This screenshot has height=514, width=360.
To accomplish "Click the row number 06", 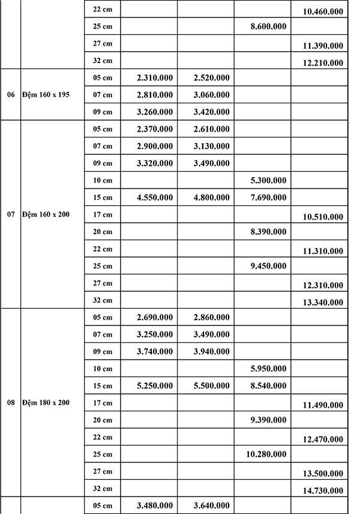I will click(11, 95).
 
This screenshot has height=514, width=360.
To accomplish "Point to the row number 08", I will click(11, 402).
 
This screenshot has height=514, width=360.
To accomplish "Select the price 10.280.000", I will click(266, 454).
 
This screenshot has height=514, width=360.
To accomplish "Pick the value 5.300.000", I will click(268, 180).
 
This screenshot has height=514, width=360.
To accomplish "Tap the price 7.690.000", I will click(268, 197).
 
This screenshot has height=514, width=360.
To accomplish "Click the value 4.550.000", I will click(155, 197).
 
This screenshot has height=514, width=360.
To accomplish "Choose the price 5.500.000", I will click(211, 385).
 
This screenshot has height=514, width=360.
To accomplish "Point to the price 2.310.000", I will click(155, 77).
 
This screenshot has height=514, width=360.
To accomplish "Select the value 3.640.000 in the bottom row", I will click(211, 506).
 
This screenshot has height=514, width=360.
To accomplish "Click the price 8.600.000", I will click(268, 26).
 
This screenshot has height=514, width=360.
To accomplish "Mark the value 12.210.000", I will click(323, 62).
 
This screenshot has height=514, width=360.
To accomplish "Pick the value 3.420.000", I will click(211, 112).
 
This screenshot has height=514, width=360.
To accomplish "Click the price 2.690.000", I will click(155, 317).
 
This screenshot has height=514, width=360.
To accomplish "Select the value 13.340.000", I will click(323, 302).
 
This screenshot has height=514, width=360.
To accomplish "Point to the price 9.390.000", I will click(268, 420).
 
